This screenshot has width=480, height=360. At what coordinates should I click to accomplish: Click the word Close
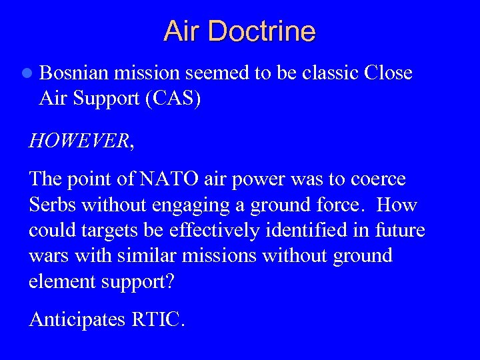click(x=389, y=73)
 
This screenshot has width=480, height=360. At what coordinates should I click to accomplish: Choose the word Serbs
click(x=51, y=205)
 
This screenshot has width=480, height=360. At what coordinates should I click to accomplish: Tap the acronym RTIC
click(x=158, y=319)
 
